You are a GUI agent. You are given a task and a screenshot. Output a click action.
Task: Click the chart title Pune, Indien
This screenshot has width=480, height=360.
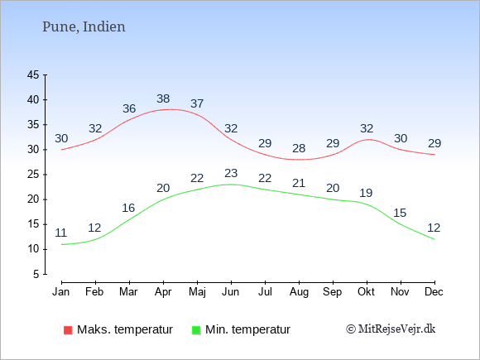[84, 27]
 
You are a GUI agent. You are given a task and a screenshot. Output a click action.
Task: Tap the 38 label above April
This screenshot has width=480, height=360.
[163, 98]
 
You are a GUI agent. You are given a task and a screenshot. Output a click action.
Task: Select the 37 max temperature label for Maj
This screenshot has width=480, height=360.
[197, 103]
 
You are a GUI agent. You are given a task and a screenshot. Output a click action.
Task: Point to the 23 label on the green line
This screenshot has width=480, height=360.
[231, 173]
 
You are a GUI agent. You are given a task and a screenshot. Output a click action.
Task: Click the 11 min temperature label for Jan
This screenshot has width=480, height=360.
[61, 233]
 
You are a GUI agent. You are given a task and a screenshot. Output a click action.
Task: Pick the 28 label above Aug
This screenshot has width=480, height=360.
[299, 148]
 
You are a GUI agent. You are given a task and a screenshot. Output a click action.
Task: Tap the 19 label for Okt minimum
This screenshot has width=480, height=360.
[366, 193]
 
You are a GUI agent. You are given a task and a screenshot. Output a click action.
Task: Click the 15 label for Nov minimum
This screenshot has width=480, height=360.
[400, 213]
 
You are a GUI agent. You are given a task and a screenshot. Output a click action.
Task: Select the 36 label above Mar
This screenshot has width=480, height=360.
[129, 108]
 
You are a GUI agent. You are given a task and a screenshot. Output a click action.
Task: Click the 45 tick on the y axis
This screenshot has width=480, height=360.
[33, 74]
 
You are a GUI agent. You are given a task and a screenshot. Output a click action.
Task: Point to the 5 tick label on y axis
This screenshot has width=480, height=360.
[36, 274]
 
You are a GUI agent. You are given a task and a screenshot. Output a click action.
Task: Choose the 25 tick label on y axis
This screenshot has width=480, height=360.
[33, 175]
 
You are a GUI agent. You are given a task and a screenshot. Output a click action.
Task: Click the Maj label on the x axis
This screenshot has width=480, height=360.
[197, 292]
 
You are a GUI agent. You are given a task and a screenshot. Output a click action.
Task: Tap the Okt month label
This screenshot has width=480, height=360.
[366, 292]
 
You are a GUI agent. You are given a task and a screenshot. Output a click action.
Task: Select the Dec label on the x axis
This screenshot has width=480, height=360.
[434, 292]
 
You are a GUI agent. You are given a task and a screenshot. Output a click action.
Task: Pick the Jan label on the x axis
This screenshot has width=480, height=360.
[61, 292]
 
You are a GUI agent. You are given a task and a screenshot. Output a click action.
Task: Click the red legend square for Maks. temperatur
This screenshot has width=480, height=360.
[68, 330]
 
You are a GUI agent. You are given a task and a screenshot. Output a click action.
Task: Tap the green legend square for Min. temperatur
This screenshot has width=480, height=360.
[196, 330]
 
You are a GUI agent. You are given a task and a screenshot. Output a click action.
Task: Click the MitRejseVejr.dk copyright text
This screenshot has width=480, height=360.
[391, 329]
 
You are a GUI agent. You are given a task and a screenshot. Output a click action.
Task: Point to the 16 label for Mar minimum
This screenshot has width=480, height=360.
[128, 209]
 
